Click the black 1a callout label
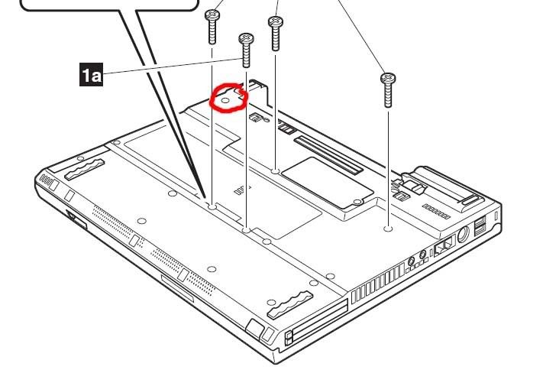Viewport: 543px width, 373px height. [91, 74]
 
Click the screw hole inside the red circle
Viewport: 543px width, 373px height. [225, 101]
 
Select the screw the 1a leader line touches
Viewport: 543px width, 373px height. [246, 50]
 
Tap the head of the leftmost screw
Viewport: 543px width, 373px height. [212, 15]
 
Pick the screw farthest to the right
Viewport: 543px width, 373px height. [388, 89]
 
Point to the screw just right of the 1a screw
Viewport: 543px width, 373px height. [275, 34]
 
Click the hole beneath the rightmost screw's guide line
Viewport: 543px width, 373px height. [389, 229]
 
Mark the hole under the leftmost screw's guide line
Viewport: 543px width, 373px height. [212, 207]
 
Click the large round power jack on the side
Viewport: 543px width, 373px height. [463, 235]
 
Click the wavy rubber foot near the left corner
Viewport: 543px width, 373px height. [85, 170]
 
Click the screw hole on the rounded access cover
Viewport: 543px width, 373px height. [357, 202]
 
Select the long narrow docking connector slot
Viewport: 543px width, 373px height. [328, 154]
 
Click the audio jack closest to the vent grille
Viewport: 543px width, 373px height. [412, 261]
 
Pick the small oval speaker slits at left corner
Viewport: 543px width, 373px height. [46, 180]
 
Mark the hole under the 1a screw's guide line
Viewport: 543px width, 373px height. [246, 230]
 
